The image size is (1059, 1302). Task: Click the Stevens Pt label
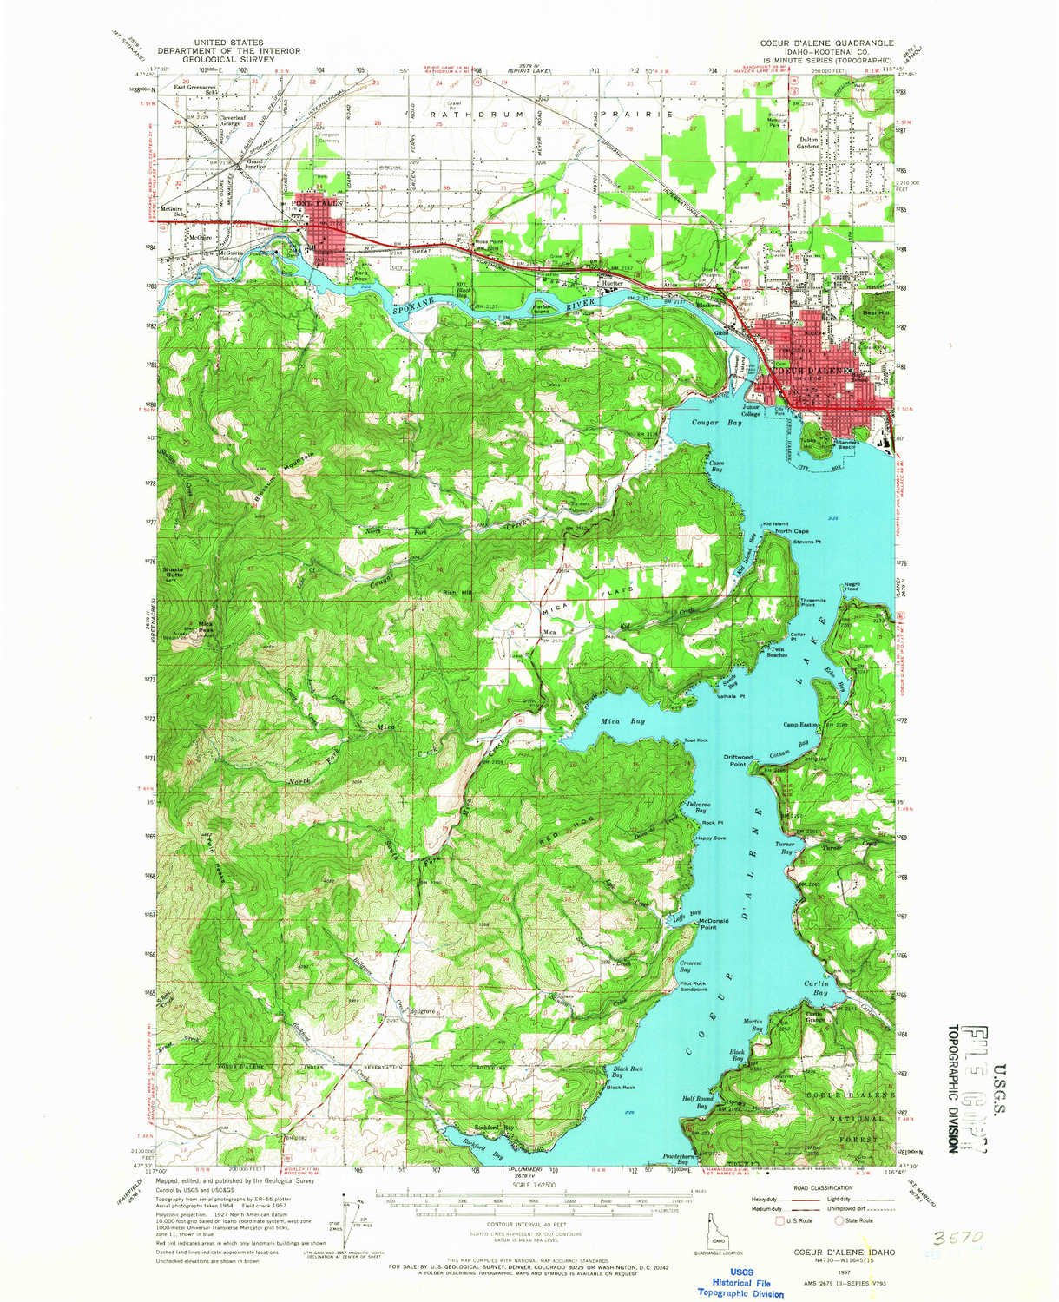click(806, 542)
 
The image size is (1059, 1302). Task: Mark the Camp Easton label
click(802, 724)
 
